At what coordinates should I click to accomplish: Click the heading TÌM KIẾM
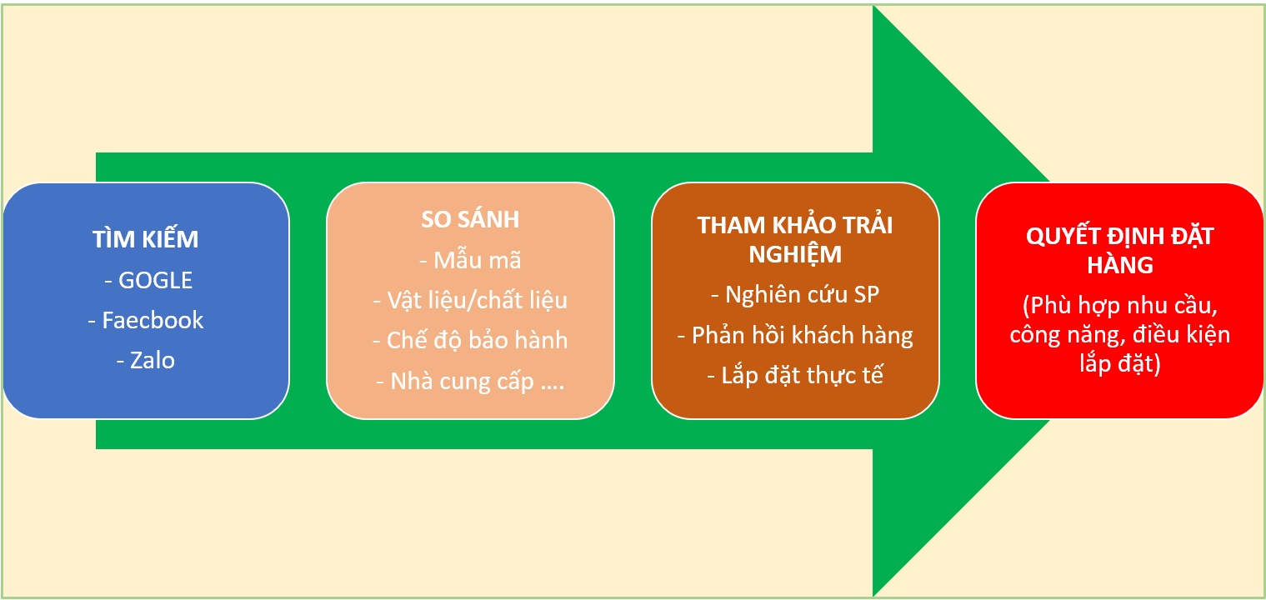click(x=145, y=237)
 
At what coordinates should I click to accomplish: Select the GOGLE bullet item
click(x=148, y=280)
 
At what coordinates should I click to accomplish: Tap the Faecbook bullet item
click(x=145, y=320)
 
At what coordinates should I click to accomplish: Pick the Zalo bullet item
click(x=145, y=361)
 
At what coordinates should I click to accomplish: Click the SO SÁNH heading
click(x=470, y=219)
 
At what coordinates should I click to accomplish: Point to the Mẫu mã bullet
click(x=470, y=260)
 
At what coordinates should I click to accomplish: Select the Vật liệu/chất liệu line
click(x=470, y=300)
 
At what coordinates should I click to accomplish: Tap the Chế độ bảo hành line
click(x=470, y=340)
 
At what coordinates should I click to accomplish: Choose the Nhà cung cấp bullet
click(x=470, y=382)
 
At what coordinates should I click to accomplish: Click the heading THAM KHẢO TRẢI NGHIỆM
click(x=794, y=239)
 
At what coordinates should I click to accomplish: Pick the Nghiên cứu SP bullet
click(x=794, y=294)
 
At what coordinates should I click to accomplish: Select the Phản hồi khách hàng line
click(x=794, y=335)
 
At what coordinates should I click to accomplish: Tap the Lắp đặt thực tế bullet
click(x=794, y=375)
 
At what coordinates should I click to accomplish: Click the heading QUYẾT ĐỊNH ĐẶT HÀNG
click(x=1119, y=250)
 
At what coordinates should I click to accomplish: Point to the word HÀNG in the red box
click(x=1119, y=265)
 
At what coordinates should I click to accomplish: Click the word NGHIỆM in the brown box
click(x=794, y=254)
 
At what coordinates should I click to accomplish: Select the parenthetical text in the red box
click(x=1119, y=334)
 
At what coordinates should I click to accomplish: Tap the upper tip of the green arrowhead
click(x=873, y=7)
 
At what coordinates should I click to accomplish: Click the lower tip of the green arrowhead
click(x=873, y=594)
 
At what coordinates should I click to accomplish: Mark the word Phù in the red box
click(x=1050, y=306)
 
